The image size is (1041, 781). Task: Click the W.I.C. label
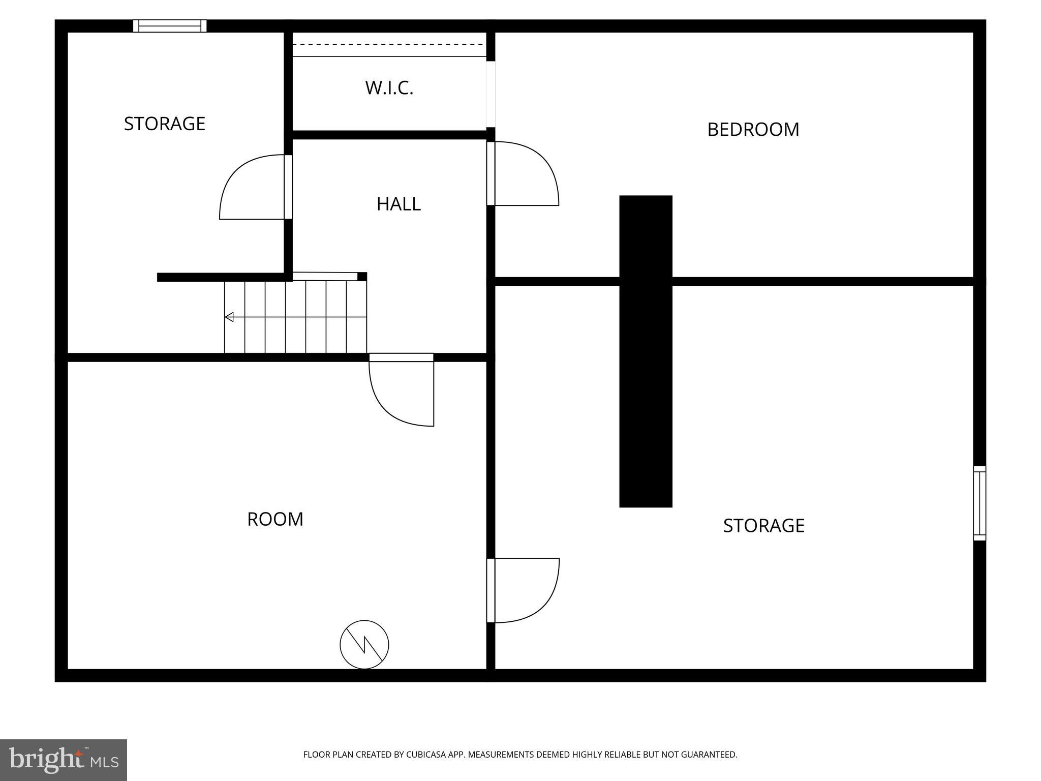389,88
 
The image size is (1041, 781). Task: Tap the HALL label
399,204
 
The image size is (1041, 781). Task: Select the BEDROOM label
753,130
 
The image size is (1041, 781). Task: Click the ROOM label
275,519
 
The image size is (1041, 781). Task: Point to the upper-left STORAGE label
165,124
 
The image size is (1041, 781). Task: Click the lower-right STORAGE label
763,525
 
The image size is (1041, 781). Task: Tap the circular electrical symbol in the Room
364,645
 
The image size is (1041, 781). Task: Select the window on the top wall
170,26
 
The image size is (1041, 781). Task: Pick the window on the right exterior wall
979,503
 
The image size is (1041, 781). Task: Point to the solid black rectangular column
646,351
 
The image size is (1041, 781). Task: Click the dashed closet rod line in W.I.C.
389,44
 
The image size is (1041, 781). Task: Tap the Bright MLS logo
64,760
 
